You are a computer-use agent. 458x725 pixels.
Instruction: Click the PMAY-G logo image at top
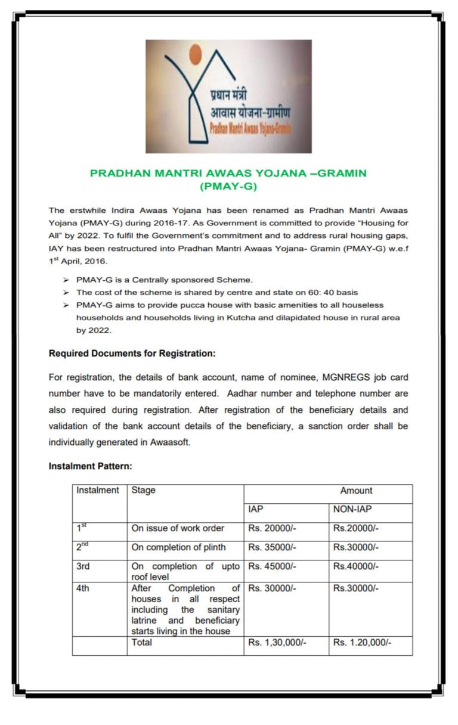point(228,96)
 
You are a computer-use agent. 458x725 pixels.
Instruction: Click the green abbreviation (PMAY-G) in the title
point(228,186)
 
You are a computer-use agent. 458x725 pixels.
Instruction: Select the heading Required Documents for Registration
point(132,354)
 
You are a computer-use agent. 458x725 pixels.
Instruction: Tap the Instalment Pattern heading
point(90,466)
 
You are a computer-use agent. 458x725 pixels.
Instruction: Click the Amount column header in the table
point(356,491)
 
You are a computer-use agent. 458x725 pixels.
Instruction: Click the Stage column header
point(143,490)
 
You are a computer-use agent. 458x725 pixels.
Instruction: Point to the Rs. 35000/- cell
point(272,547)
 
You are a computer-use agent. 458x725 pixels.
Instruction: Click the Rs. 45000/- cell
point(272,566)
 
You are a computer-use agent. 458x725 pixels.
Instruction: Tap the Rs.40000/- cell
point(356,566)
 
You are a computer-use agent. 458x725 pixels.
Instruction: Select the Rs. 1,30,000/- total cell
point(277,643)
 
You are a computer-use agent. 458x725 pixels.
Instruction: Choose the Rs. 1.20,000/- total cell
point(363,643)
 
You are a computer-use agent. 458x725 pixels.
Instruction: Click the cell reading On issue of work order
point(178,528)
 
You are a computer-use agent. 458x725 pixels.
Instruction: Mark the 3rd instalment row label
point(83,566)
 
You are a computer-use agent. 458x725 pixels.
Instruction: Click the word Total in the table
point(141,642)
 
